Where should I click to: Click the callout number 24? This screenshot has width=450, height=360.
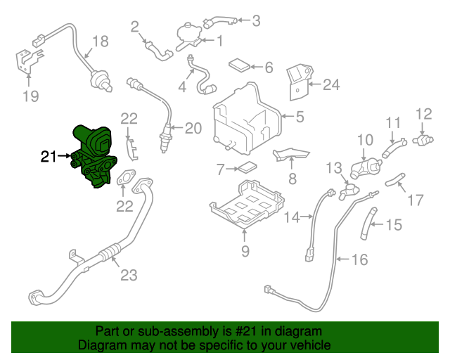point(331,85)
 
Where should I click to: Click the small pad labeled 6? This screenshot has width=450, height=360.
point(240,65)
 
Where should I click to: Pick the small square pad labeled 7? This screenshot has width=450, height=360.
point(247,168)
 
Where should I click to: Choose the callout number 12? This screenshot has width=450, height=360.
point(424,114)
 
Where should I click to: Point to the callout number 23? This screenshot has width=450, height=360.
point(129,275)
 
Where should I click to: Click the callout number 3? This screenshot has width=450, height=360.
point(255,21)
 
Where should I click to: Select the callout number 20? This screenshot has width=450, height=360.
point(193,128)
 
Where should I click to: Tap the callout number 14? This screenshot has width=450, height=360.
point(292,217)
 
